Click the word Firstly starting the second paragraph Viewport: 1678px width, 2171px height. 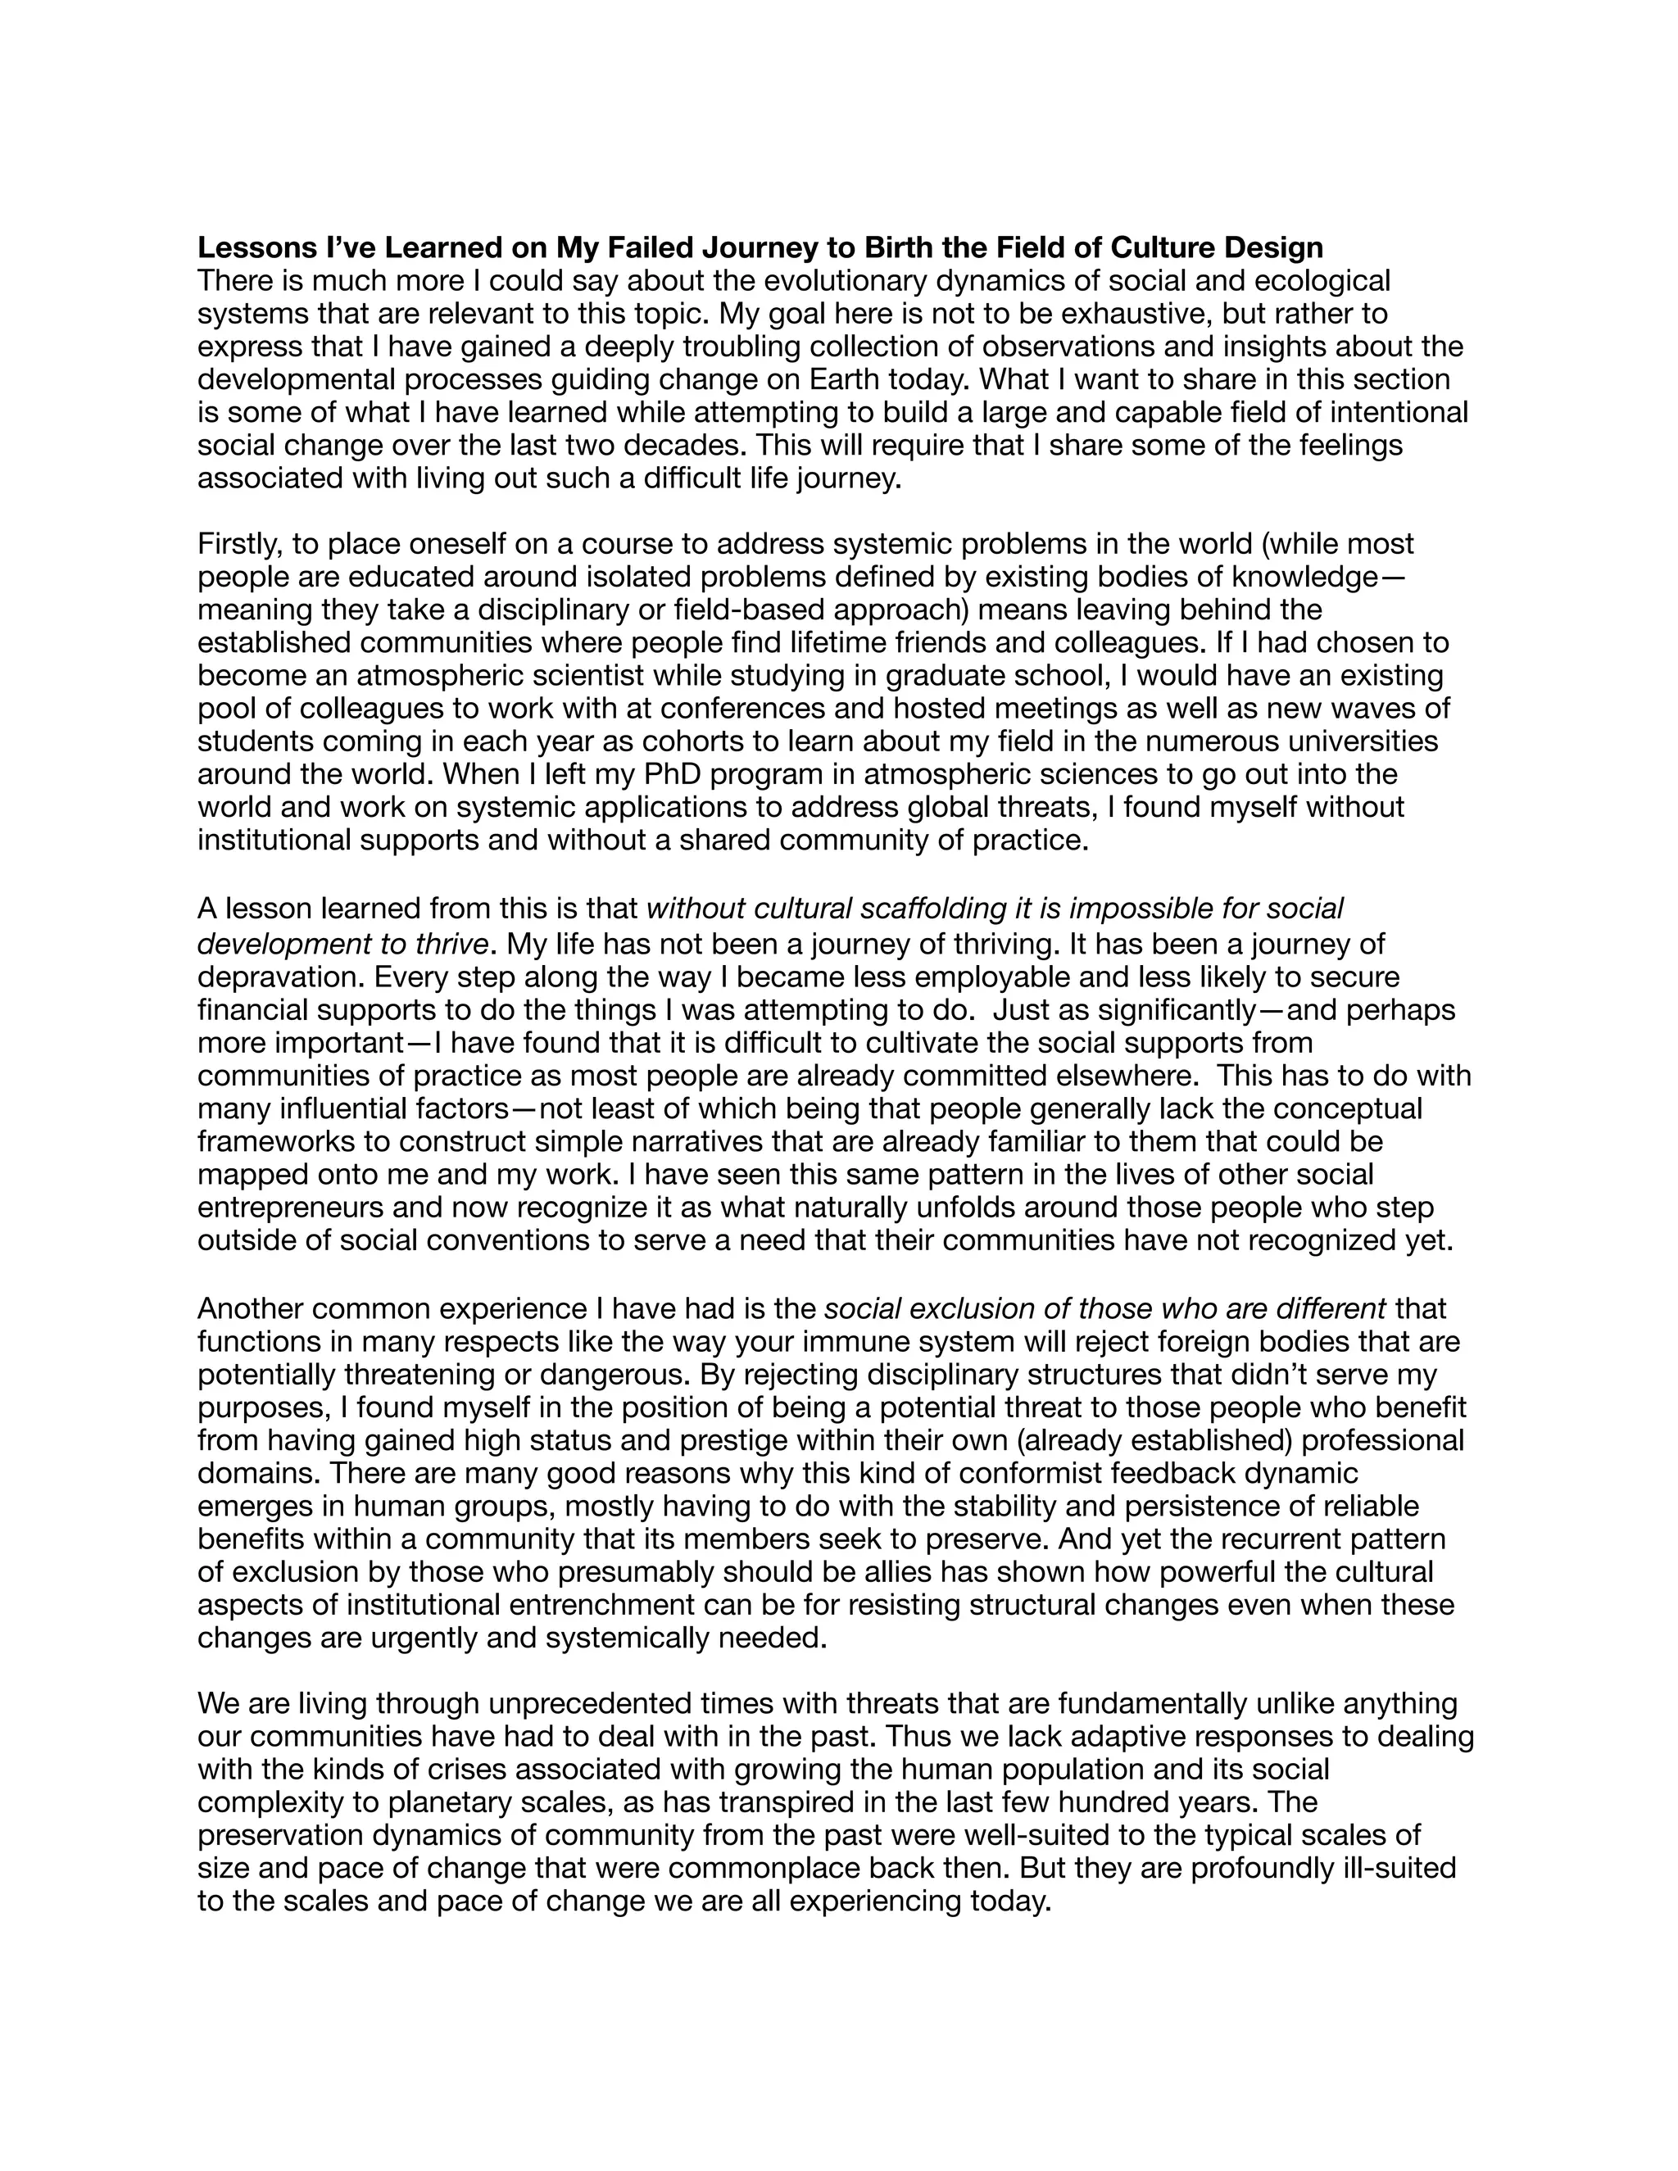(x=234, y=545)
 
